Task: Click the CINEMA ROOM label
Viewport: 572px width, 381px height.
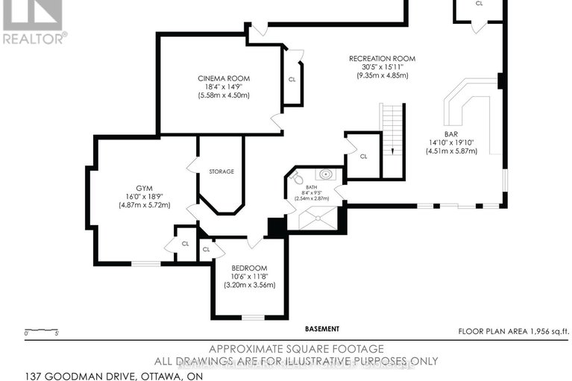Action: [x=224, y=78]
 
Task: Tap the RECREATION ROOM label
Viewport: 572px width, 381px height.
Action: [x=382, y=58]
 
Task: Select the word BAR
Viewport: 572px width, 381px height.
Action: [x=451, y=133]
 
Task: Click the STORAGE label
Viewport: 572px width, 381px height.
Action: [x=221, y=171]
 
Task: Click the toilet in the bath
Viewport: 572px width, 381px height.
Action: [x=296, y=179]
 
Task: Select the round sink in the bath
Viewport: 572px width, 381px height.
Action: [x=325, y=175]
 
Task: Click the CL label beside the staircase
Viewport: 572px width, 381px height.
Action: [x=363, y=157]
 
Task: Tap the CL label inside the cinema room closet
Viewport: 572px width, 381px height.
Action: [x=292, y=78]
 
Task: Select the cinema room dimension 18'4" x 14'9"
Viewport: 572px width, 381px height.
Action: [x=224, y=87]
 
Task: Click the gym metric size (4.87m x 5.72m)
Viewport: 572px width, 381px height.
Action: [x=134, y=206]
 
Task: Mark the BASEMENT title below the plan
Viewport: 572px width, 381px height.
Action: [x=322, y=329]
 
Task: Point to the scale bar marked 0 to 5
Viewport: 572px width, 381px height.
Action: [x=40, y=333]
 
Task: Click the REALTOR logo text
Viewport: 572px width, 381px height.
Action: [x=34, y=37]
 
